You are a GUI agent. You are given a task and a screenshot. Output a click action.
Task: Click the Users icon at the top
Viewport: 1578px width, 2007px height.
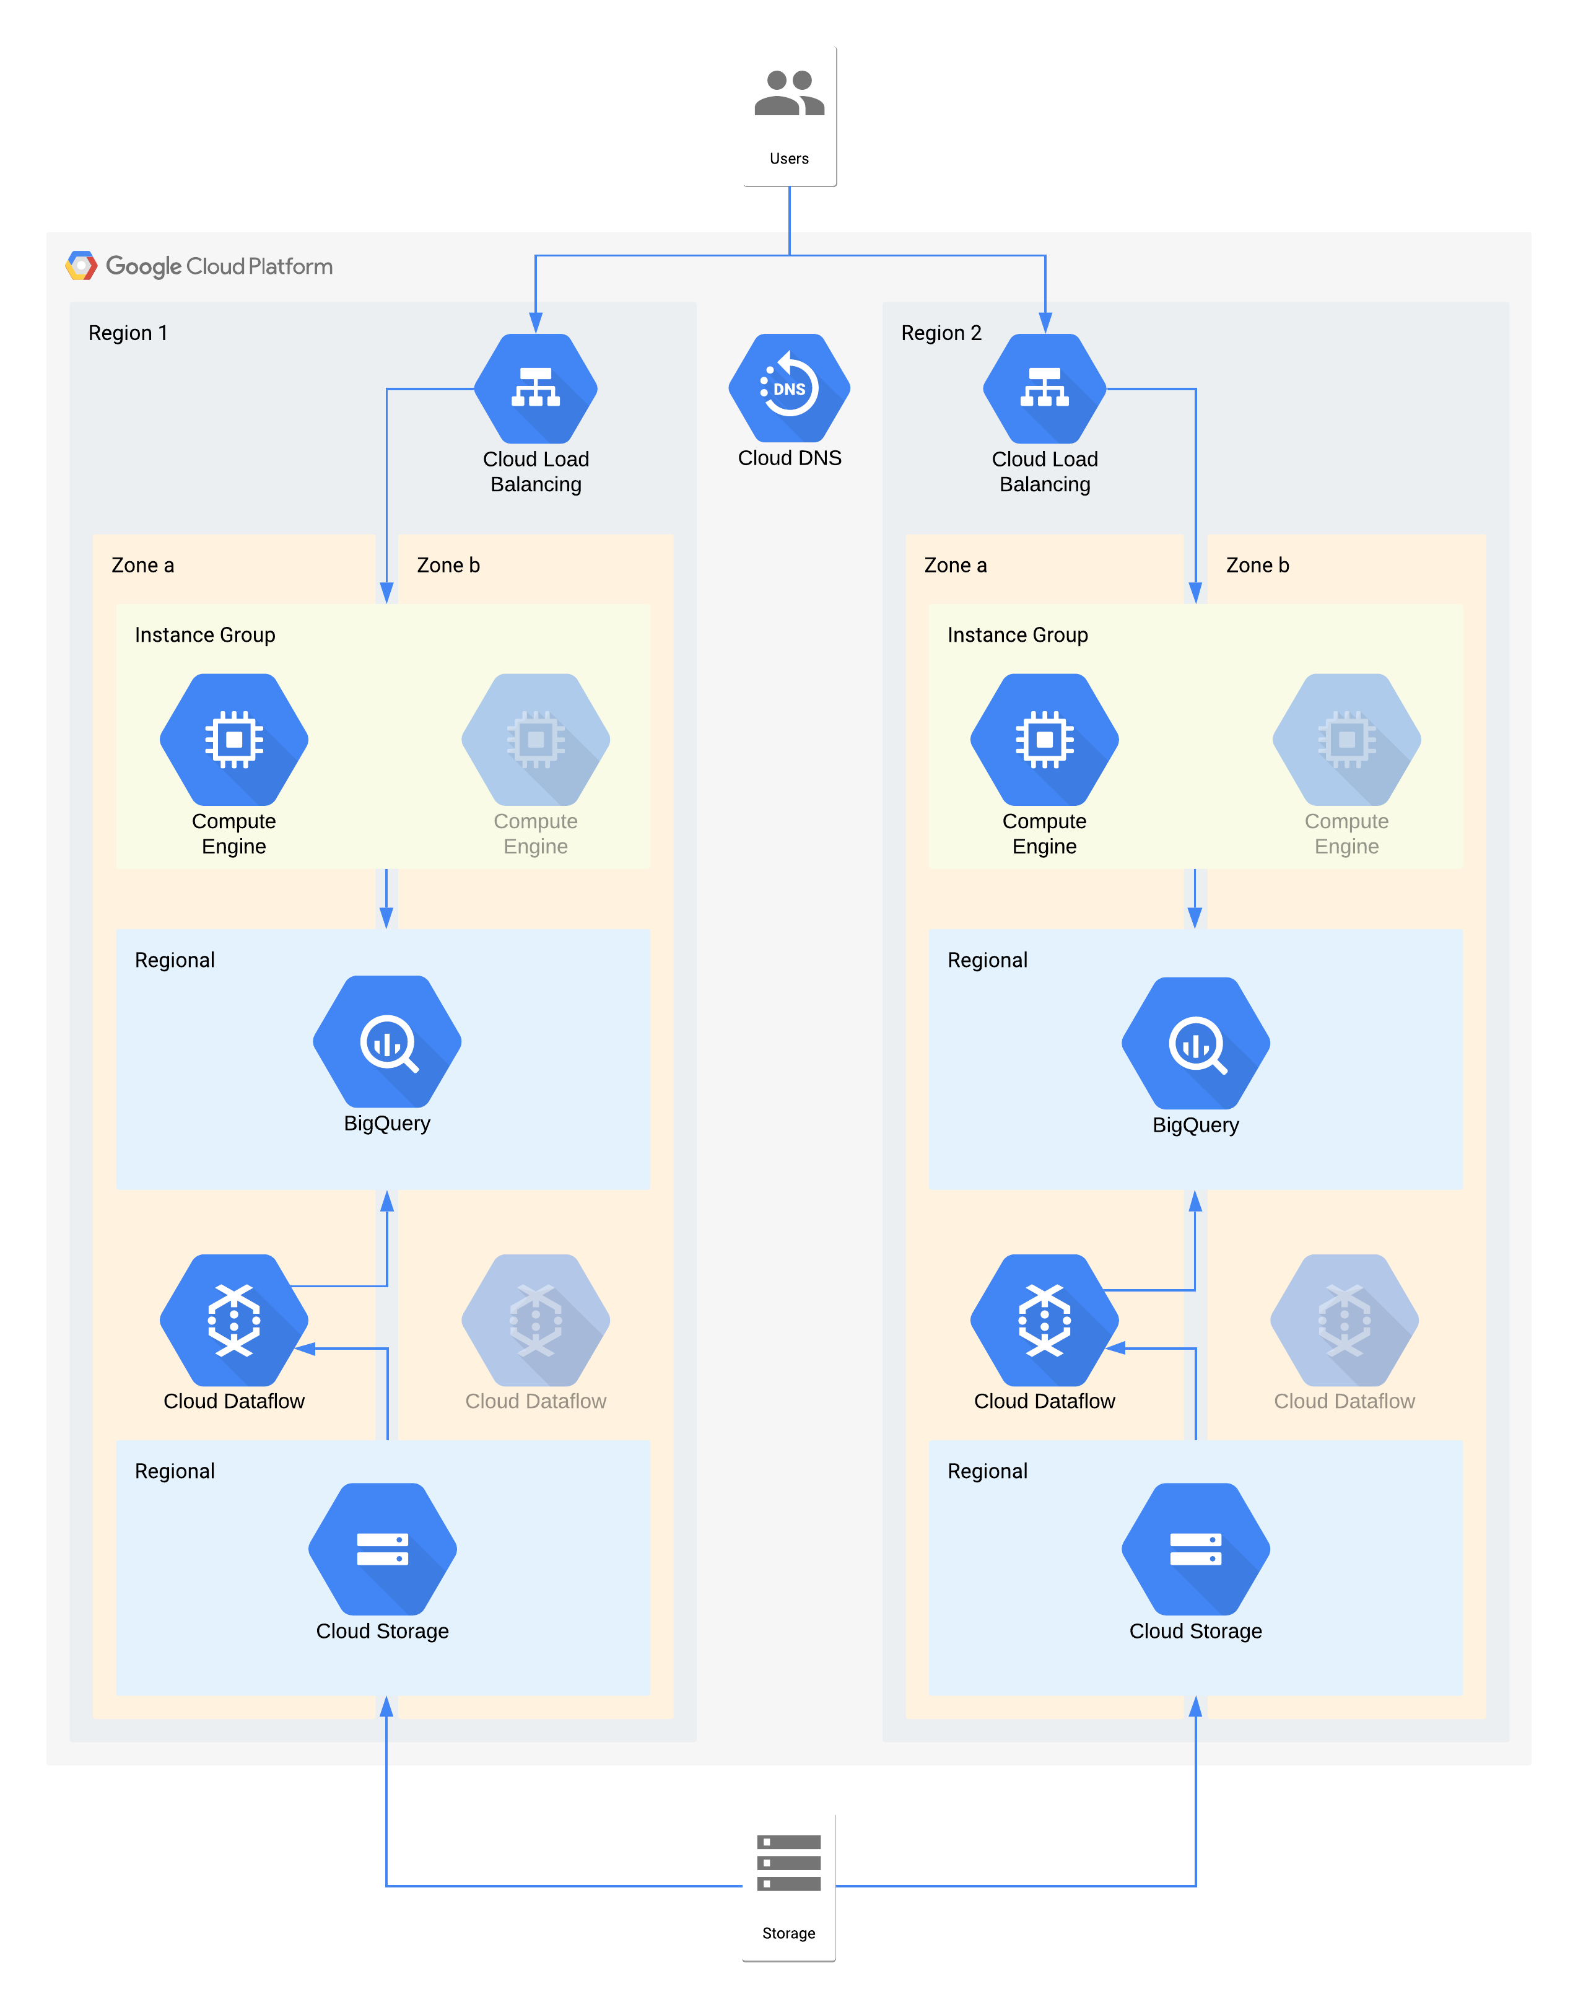pyautogui.click(x=788, y=94)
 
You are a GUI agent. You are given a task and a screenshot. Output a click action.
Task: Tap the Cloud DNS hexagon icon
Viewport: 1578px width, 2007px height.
pyautogui.click(x=789, y=388)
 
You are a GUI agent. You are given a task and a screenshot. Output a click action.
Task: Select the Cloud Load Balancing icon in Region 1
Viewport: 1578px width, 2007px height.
pyautogui.click(x=536, y=388)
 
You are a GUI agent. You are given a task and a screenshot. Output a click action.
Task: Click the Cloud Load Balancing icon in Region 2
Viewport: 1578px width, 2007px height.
pyautogui.click(x=1044, y=388)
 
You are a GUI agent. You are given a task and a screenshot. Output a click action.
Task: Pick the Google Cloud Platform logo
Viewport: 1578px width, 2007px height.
pyautogui.click(x=81, y=266)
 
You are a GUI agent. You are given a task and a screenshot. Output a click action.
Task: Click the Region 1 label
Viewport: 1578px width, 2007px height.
pyautogui.click(x=128, y=333)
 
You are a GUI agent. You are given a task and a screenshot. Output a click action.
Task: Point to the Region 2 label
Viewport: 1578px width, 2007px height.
pyautogui.click(x=941, y=333)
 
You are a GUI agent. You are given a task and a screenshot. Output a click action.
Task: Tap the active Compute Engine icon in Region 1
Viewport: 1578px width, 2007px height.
pyautogui.click(x=233, y=739)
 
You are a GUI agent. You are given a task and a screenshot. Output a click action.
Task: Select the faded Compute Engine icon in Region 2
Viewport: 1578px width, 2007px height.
pyautogui.click(x=1346, y=739)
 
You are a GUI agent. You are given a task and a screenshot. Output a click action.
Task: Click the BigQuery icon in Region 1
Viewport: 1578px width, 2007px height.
pyautogui.click(x=387, y=1041)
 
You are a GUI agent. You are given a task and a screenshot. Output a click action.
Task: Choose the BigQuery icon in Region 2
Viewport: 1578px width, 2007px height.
pyautogui.click(x=1195, y=1043)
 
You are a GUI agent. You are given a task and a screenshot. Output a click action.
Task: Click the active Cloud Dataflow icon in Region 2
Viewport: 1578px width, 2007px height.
pyautogui.click(x=1044, y=1319)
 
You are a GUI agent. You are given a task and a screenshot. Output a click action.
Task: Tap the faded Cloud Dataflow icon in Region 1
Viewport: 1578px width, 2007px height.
pyautogui.click(x=536, y=1319)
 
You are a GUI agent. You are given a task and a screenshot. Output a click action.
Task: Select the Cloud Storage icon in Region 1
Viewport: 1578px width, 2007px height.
pyautogui.click(x=383, y=1549)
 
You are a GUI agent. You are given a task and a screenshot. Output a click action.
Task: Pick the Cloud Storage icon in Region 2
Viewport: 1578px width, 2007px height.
pyautogui.click(x=1195, y=1549)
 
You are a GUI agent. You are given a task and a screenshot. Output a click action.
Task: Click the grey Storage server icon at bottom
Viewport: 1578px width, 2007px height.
pyautogui.click(x=788, y=1863)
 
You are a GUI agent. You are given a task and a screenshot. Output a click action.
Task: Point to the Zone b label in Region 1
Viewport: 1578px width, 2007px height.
pyautogui.click(x=448, y=566)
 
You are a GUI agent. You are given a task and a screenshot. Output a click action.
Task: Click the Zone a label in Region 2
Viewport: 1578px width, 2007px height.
pyautogui.click(x=956, y=566)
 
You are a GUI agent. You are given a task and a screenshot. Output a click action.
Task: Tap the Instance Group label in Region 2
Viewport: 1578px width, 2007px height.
pyautogui.click(x=1017, y=635)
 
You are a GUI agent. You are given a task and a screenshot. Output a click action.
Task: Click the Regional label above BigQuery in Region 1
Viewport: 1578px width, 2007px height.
pyautogui.click(x=175, y=960)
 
